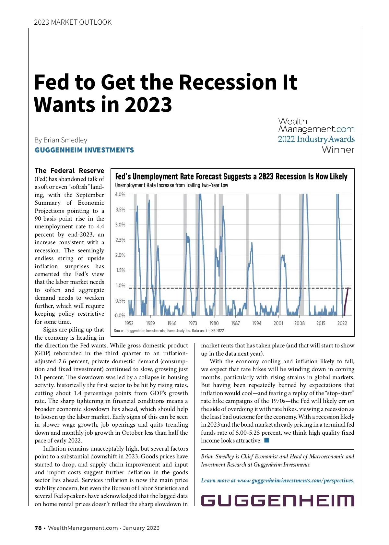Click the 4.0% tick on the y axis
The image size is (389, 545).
coord(120,195)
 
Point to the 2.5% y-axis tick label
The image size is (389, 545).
coord(120,240)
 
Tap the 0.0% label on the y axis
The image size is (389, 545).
coord(120,315)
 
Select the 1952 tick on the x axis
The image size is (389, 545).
coord(129,323)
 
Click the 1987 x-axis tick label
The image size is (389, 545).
coord(235,323)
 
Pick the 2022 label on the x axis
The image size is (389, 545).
coord(342,323)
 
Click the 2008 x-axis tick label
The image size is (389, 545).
coord(299,323)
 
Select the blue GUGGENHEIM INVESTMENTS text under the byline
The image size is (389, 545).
coord(84,150)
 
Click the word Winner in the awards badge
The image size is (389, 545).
coord(338,150)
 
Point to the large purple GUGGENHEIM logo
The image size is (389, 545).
coord(277,501)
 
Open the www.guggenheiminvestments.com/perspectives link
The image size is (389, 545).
coord(295,480)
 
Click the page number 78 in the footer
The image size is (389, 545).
coord(38,528)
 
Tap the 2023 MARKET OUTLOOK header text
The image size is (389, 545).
coord(73,22)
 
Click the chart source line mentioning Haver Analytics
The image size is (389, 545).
coord(169,331)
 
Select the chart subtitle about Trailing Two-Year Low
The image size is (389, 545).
coord(171,185)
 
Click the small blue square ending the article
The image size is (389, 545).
coord(267,440)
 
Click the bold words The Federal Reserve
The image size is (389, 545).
coord(69,171)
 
